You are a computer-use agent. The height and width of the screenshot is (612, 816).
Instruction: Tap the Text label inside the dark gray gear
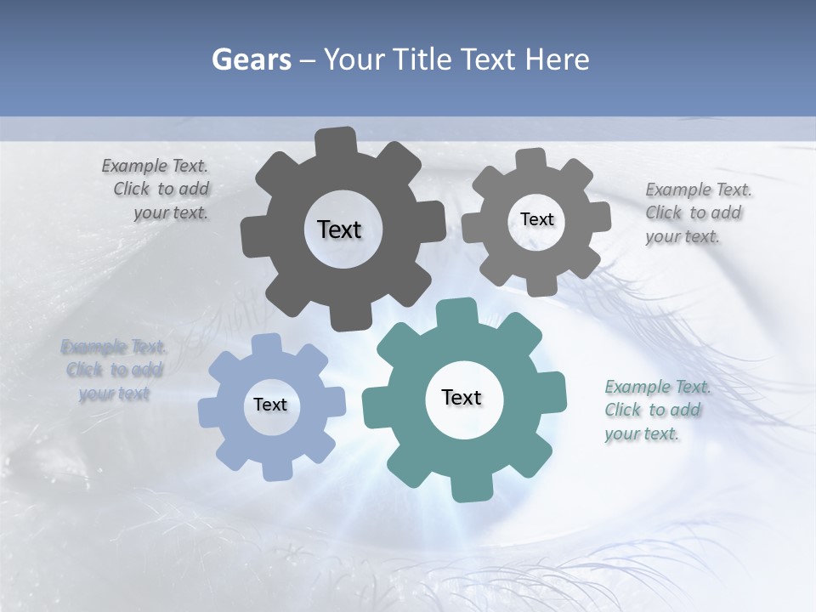[x=339, y=229]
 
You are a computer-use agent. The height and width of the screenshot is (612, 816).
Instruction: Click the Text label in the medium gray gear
[x=536, y=219]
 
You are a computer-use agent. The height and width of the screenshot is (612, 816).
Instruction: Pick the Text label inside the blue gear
[x=270, y=405]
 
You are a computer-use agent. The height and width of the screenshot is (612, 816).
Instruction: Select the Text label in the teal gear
[x=462, y=398]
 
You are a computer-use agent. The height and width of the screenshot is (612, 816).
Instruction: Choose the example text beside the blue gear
[x=114, y=370]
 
